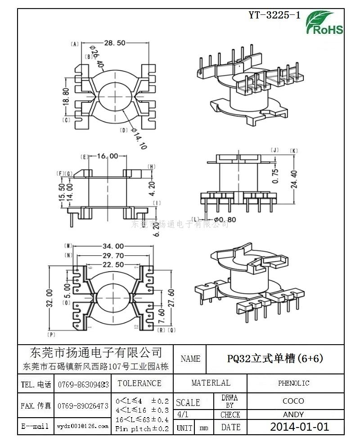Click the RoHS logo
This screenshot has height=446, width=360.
pos(324,23)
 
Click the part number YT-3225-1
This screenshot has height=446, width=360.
pos(274,15)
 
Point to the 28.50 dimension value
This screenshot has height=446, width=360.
pos(114,43)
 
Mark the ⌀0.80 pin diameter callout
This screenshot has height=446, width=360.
pos(225,219)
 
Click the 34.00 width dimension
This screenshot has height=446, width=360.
pos(113,246)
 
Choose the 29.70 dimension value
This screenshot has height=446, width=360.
pos(113,255)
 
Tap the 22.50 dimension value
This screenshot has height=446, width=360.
pos(113,264)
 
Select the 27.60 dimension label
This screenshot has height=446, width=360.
pos(171,297)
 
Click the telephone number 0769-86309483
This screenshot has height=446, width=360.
pos(83,384)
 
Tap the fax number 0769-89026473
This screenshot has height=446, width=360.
pos(83,406)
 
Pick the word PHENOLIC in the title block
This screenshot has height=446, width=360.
pos(293,383)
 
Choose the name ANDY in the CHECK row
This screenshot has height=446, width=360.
pos(293,414)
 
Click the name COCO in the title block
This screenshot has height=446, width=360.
pos(293,401)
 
